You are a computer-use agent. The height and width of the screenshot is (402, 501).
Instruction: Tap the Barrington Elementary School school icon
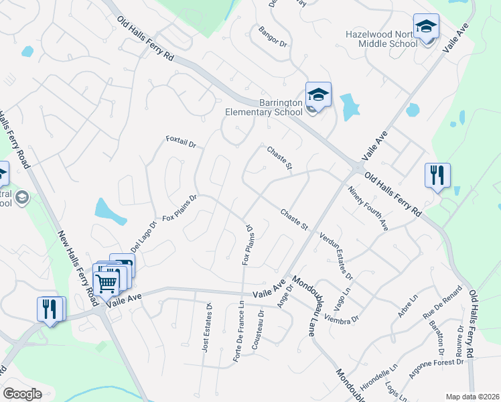(319, 94)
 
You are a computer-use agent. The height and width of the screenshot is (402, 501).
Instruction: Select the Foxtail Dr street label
(181, 143)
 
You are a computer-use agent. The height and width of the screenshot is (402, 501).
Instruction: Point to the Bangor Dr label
(273, 38)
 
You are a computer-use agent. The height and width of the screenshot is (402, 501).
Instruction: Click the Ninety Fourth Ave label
(368, 209)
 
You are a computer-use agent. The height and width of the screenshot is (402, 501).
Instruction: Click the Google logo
(22, 394)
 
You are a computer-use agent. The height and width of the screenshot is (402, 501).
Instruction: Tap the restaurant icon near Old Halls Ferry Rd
(437, 176)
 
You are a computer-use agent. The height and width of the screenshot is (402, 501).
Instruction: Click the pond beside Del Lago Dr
(110, 211)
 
